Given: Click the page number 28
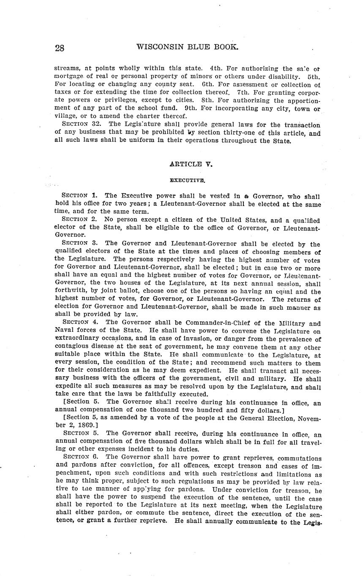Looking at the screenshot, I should click(60, 48).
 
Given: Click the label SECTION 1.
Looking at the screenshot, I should click(80, 196).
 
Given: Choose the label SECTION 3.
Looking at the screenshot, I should click(80, 243).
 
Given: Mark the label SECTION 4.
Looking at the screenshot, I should click(80, 322).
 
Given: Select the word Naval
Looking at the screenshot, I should click(65, 331).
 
